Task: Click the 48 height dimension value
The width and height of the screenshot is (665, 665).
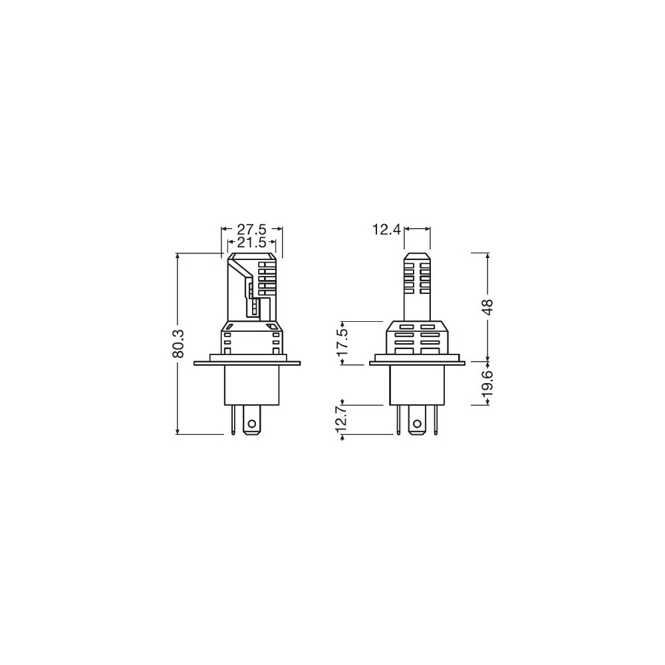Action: pyautogui.click(x=489, y=307)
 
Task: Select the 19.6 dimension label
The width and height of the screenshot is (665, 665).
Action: pyautogui.click(x=489, y=384)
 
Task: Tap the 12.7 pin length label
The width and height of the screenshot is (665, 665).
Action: pyautogui.click(x=342, y=420)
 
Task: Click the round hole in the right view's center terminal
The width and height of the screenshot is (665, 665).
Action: pyautogui.click(x=417, y=424)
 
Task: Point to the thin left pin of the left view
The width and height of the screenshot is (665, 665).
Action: pyautogui.click(x=233, y=420)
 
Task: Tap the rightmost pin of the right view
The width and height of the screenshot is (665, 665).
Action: pyautogui.click(x=436, y=420)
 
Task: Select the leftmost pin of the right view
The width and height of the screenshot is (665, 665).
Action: pyautogui.click(x=398, y=420)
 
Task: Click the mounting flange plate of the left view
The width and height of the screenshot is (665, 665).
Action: pyautogui.click(x=247, y=362)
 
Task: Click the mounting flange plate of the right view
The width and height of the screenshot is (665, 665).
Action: pyautogui.click(x=417, y=362)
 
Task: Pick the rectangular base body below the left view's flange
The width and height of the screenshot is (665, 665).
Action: pyautogui.click(x=251, y=385)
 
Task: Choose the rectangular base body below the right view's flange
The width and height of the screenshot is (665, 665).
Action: pyautogui.click(x=417, y=385)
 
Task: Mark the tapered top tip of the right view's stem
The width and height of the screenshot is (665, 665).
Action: pyautogui.click(x=417, y=255)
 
